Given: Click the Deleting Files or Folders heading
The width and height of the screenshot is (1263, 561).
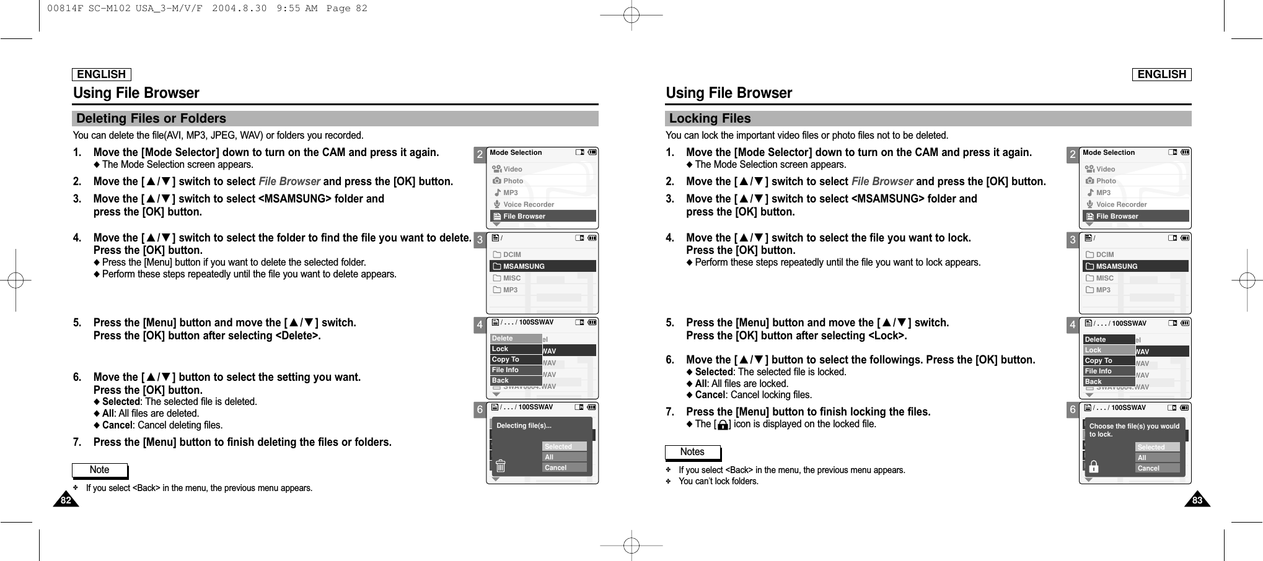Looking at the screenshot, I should click(x=151, y=118).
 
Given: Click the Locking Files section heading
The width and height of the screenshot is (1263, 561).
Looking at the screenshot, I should click(x=710, y=118).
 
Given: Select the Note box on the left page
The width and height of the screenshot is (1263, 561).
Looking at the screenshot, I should click(x=100, y=470).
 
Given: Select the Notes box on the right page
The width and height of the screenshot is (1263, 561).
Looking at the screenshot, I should click(x=693, y=452).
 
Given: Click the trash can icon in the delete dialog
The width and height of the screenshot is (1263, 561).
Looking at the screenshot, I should click(x=501, y=466).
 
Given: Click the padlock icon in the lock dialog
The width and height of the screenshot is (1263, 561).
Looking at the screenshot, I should click(x=1094, y=466).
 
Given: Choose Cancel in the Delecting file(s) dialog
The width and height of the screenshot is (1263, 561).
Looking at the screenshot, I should click(x=564, y=468).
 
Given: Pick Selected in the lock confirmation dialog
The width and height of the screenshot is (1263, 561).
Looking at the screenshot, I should click(x=1157, y=447).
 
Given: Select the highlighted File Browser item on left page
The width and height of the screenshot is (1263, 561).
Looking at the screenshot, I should click(x=542, y=216).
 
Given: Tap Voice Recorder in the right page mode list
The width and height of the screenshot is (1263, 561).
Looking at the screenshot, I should click(x=1121, y=204).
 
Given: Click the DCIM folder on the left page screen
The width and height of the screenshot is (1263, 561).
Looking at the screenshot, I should click(x=512, y=254).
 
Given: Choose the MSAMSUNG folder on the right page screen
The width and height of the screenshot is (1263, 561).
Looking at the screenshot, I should click(x=1117, y=266).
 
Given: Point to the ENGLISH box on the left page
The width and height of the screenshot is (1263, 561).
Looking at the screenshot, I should click(x=102, y=74).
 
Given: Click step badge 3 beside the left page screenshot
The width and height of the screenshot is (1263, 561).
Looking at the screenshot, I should click(x=480, y=241).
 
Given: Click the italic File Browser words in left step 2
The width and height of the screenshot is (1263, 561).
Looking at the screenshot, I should click(x=289, y=181).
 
